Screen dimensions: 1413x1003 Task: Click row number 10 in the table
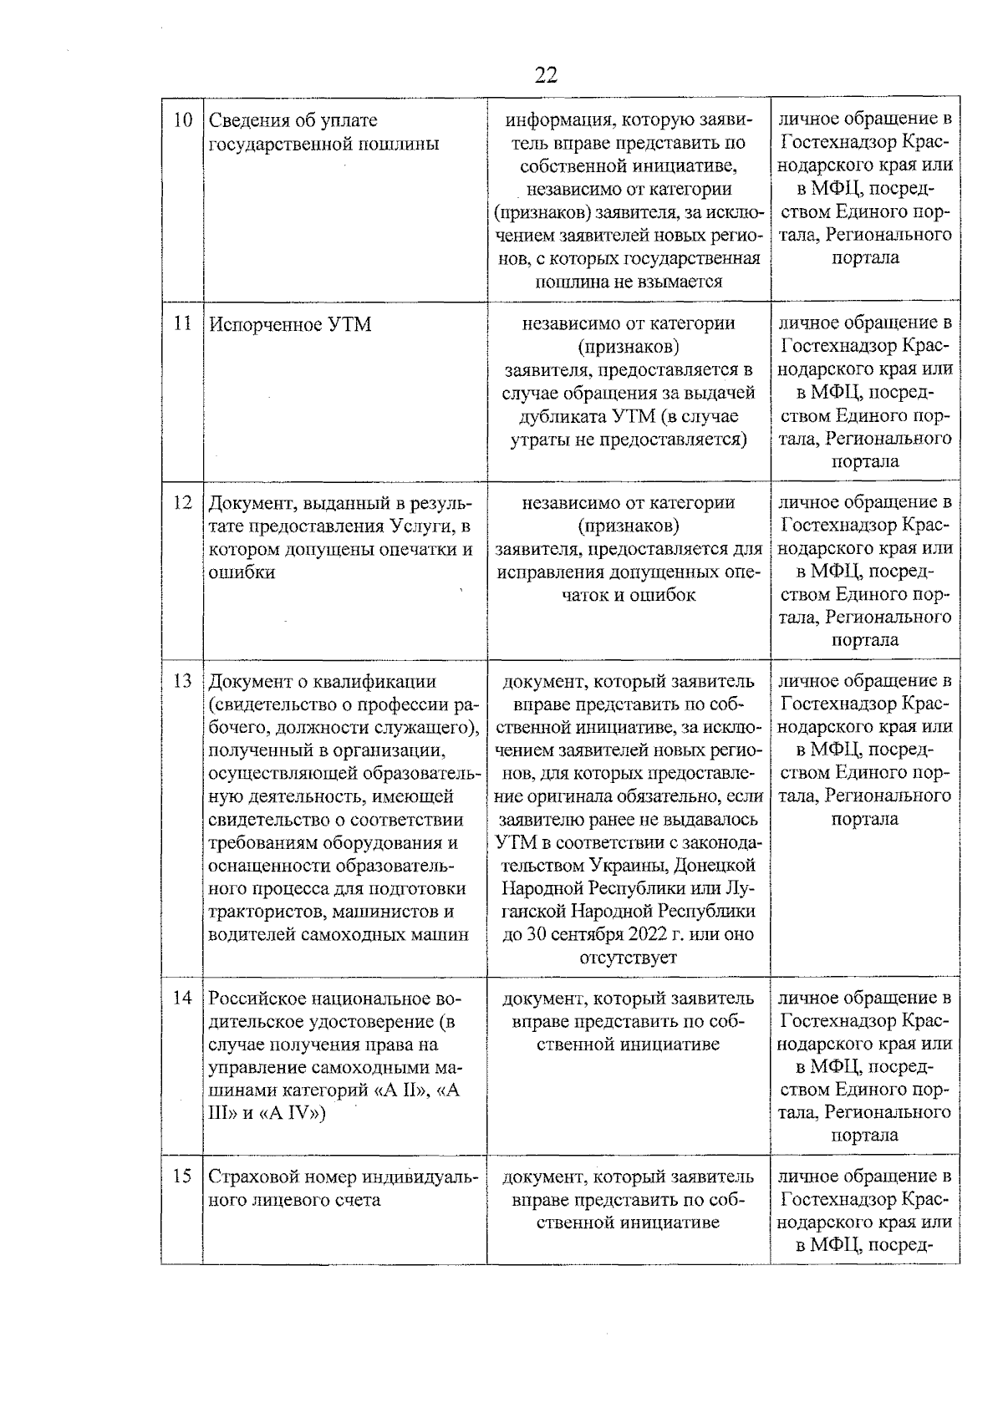[182, 120]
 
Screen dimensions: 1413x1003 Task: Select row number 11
[182, 323]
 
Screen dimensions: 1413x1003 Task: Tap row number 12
[182, 503]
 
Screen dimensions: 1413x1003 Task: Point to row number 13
[182, 681]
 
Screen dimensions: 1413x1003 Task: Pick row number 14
[182, 998]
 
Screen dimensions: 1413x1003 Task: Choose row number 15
[182, 1177]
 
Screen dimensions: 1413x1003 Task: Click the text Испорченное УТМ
[289, 324]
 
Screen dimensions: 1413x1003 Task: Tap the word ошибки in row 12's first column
[242, 573]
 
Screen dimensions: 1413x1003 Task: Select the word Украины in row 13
[624, 865]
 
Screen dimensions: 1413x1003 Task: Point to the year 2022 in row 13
[640, 934]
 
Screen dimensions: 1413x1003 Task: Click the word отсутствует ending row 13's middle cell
[628, 958]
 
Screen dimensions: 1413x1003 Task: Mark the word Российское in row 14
[257, 999]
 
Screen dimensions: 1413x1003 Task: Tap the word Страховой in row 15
[249, 1177]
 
